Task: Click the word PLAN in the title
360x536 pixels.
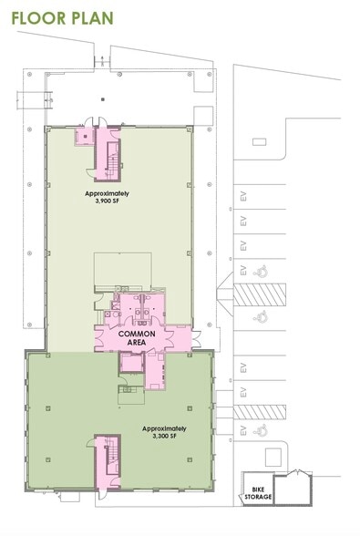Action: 90,18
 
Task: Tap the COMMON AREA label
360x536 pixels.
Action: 137,338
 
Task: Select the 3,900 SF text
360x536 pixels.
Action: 108,201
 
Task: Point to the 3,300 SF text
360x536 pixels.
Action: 165,436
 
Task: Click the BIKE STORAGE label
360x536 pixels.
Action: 258,493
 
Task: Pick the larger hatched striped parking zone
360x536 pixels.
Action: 260,294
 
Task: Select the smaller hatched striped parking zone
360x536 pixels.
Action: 260,412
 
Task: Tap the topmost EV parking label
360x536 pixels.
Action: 243,197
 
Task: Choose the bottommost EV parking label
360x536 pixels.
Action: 243,430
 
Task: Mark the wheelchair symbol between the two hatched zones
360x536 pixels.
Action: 260,316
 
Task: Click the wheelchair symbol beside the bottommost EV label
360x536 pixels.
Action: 260,429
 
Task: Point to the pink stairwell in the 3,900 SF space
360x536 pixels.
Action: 108,154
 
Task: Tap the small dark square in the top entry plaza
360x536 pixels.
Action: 102,99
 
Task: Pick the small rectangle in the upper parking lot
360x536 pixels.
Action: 259,141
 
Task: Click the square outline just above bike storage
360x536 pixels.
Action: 273,457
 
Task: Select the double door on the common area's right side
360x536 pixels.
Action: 196,339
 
